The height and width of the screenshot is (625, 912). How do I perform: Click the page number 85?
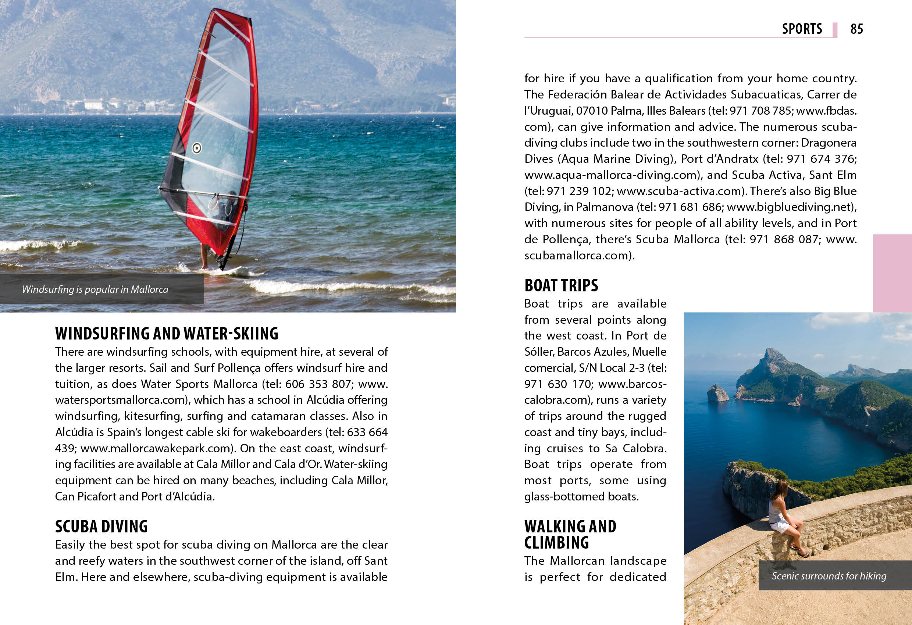click(857, 29)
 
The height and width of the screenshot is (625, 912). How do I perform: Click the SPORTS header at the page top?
click(802, 29)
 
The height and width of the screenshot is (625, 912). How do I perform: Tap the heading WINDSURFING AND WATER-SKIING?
click(167, 333)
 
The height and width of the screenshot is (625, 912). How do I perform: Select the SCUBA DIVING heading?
click(101, 526)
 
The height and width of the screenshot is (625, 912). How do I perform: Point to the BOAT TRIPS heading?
click(561, 285)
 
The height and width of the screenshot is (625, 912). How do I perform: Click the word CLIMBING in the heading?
click(556, 543)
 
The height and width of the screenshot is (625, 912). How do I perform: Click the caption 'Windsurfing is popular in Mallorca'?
click(95, 290)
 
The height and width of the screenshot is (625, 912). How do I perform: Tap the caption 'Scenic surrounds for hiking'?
click(829, 576)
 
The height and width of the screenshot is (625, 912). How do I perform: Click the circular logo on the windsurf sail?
click(197, 148)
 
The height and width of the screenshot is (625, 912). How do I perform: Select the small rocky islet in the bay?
click(717, 393)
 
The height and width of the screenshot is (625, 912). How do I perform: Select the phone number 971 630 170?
click(557, 384)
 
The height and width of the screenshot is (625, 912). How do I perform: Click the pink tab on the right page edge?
click(892, 273)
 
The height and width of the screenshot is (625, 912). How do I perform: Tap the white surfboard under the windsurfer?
click(232, 271)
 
